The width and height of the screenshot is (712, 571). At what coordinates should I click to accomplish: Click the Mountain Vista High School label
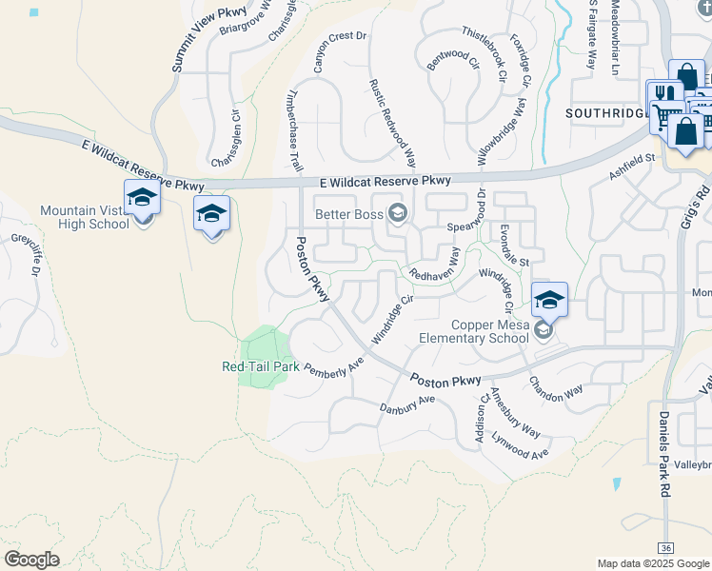point(84,217)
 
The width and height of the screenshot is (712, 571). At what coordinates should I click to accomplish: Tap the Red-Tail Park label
point(260,366)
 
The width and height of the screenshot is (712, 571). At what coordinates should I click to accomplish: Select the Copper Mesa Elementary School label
point(474,331)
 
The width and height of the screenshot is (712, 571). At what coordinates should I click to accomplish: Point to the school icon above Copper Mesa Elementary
point(549,300)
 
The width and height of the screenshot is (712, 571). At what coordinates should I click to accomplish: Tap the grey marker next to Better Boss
point(398,212)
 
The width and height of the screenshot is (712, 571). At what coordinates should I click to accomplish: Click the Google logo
point(31,560)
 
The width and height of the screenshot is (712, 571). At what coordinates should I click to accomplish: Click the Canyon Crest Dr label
point(340,51)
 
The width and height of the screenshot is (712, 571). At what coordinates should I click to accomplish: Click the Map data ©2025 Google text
point(653,563)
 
